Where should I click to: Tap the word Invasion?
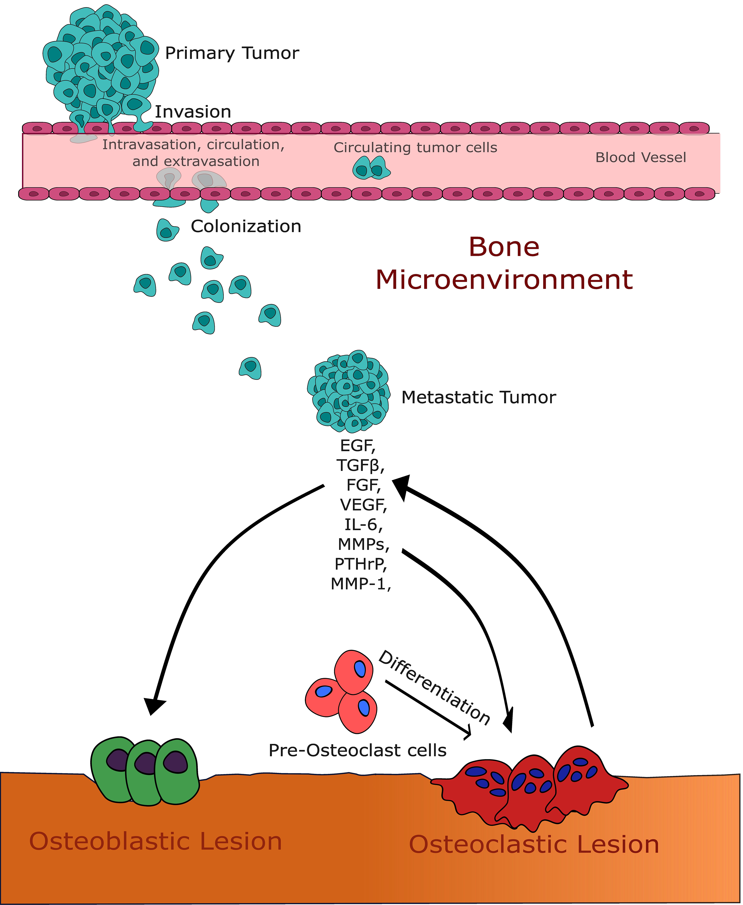(193, 112)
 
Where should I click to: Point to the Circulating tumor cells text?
(415, 147)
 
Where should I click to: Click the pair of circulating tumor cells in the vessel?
(371, 168)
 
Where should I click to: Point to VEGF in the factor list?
(363, 505)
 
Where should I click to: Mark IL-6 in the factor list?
(363, 525)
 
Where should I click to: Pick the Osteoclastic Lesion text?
(534, 845)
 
